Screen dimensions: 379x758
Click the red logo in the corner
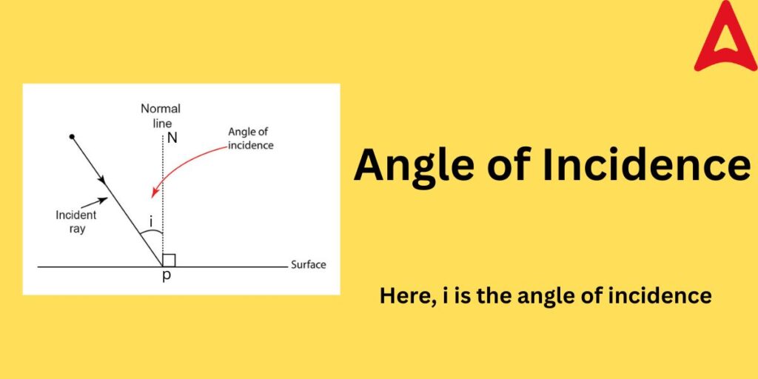tap(725, 38)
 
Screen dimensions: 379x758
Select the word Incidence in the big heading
tap(645, 165)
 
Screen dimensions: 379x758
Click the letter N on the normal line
tap(172, 138)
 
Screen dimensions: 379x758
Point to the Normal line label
tap(160, 115)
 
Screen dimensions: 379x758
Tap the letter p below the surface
tap(166, 277)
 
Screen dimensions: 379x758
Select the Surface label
tap(308, 264)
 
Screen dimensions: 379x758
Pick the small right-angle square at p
tap(169, 260)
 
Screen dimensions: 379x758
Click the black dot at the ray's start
tap(72, 137)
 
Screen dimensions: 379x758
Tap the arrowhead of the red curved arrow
tap(154, 193)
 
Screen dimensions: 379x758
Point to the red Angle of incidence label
tap(250, 138)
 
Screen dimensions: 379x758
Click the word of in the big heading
tap(509, 165)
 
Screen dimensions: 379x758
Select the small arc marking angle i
tap(152, 234)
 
